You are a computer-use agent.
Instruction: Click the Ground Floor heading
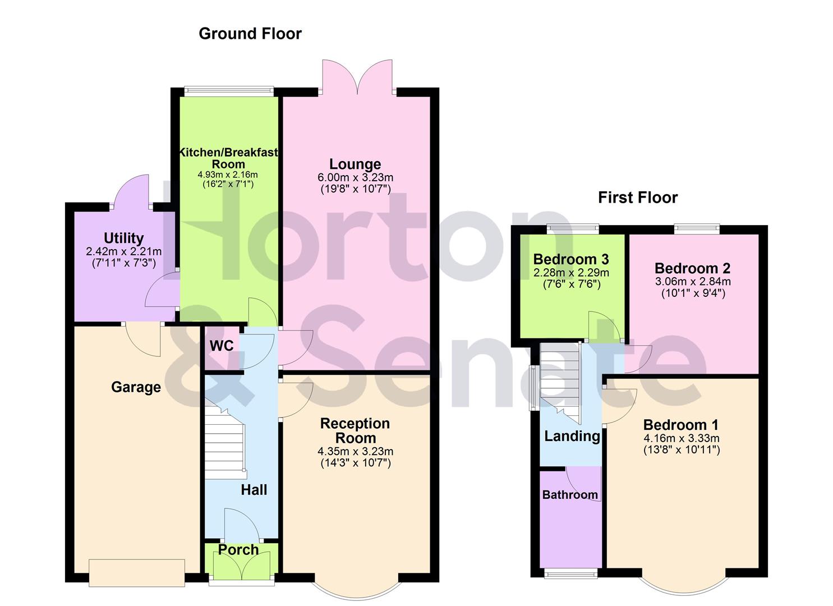click(x=250, y=34)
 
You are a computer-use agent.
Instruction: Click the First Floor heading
click(x=638, y=198)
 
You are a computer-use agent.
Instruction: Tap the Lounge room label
click(x=355, y=164)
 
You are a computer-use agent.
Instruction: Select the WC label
click(x=222, y=346)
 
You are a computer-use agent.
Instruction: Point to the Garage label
click(x=136, y=387)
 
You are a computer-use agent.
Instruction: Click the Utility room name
click(x=123, y=238)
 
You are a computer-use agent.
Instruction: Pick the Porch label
click(x=238, y=550)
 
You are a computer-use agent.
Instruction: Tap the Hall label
click(x=254, y=490)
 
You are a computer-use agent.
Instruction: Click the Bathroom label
click(x=570, y=495)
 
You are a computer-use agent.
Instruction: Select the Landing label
click(x=572, y=436)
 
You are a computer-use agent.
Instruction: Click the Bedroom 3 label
click(x=571, y=259)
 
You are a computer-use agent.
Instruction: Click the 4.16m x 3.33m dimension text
click(x=681, y=439)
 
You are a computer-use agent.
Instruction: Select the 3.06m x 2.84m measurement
click(x=693, y=282)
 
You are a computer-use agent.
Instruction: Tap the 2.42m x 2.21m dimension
click(x=123, y=251)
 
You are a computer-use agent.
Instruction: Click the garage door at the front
click(x=137, y=572)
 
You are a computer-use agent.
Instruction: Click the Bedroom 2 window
click(x=697, y=228)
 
